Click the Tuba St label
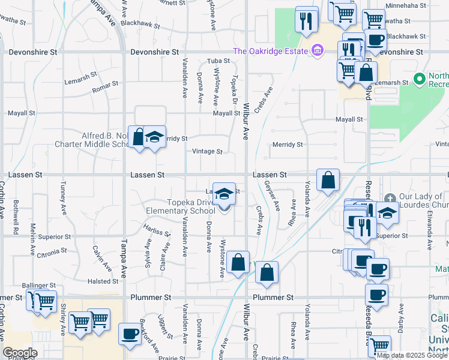[x=218, y=61]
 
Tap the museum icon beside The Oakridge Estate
[x=316, y=52]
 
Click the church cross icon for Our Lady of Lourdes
[x=390, y=198]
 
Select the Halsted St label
[x=103, y=281]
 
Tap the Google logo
[x=19, y=353]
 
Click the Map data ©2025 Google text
[x=412, y=355]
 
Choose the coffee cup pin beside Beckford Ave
[x=129, y=334]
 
